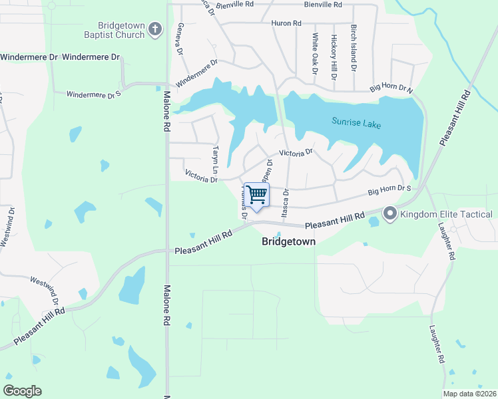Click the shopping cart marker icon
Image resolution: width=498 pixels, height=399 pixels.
pyautogui.click(x=256, y=195)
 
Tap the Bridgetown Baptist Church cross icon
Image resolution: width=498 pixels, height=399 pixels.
pyautogui.click(x=154, y=29)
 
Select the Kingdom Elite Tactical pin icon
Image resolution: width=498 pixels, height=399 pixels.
pyautogui.click(x=389, y=213)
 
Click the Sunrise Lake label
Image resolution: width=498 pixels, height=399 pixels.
pyautogui.click(x=357, y=123)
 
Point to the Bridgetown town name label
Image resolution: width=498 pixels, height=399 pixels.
pyautogui.click(x=288, y=242)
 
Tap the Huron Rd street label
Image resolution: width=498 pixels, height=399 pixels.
pyautogui.click(x=286, y=23)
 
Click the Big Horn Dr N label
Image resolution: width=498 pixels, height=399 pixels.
pyautogui.click(x=391, y=88)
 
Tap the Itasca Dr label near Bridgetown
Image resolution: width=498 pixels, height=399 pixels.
pyautogui.click(x=286, y=204)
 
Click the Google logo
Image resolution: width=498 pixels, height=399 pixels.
pyautogui.click(x=22, y=391)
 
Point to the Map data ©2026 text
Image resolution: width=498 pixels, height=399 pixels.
pyautogui.click(x=469, y=394)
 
